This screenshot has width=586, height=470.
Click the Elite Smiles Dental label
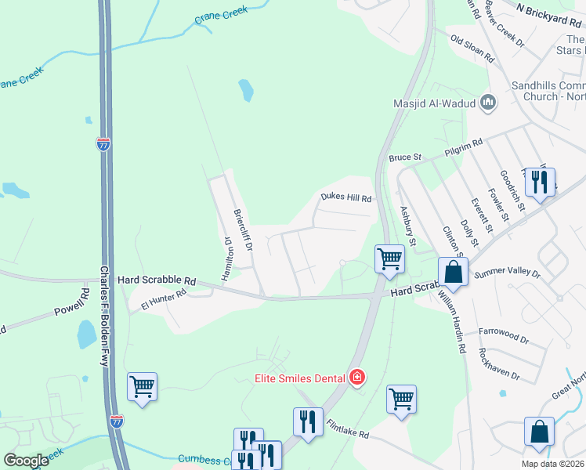click(300, 378)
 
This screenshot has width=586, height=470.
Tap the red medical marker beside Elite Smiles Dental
click(357, 378)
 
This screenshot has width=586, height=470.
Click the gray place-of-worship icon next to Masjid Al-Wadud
click(489, 102)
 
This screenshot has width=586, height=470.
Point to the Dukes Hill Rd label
click(345, 199)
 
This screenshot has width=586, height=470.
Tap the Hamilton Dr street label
click(229, 259)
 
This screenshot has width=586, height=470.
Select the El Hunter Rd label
click(164, 299)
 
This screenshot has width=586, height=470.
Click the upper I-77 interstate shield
click(103, 144)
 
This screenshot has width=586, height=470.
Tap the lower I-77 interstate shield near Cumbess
click(116, 421)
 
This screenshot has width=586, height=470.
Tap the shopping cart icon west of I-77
click(142, 387)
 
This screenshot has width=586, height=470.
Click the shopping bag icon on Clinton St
click(453, 272)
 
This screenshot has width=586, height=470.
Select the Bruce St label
click(405, 157)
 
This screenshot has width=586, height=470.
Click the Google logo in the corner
click(27, 461)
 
